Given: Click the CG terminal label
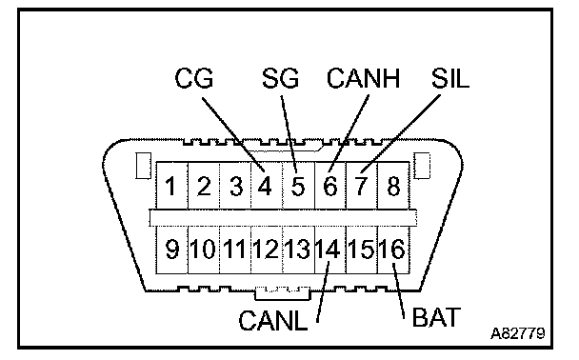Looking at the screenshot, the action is pyautogui.click(x=194, y=78).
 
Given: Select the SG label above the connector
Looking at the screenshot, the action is pyautogui.click(x=280, y=78).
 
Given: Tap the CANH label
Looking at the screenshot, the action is pyautogui.click(x=364, y=78).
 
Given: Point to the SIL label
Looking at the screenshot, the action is pyautogui.click(x=450, y=78).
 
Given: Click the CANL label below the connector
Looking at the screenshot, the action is pyautogui.click(x=273, y=320).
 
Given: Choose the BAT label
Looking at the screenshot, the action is pyautogui.click(x=436, y=317).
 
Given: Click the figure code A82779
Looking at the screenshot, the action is pyautogui.click(x=518, y=333).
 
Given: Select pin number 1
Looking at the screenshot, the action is pyautogui.click(x=170, y=186).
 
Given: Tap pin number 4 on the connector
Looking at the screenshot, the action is pyautogui.click(x=265, y=186).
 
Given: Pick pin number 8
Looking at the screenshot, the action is pyautogui.click(x=393, y=186).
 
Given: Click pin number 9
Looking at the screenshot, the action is pyautogui.click(x=172, y=250).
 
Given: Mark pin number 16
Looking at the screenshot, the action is pyautogui.click(x=392, y=250).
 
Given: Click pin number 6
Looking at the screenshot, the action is pyautogui.click(x=330, y=186).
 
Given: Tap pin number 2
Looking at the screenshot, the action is pyautogui.click(x=204, y=186).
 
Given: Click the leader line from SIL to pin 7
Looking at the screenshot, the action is pyautogui.click(x=401, y=133).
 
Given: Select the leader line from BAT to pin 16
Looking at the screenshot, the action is pyautogui.click(x=399, y=290).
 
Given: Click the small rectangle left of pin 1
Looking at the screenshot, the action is pyautogui.click(x=144, y=166).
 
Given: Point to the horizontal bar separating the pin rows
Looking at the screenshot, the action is pyautogui.click(x=283, y=217).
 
